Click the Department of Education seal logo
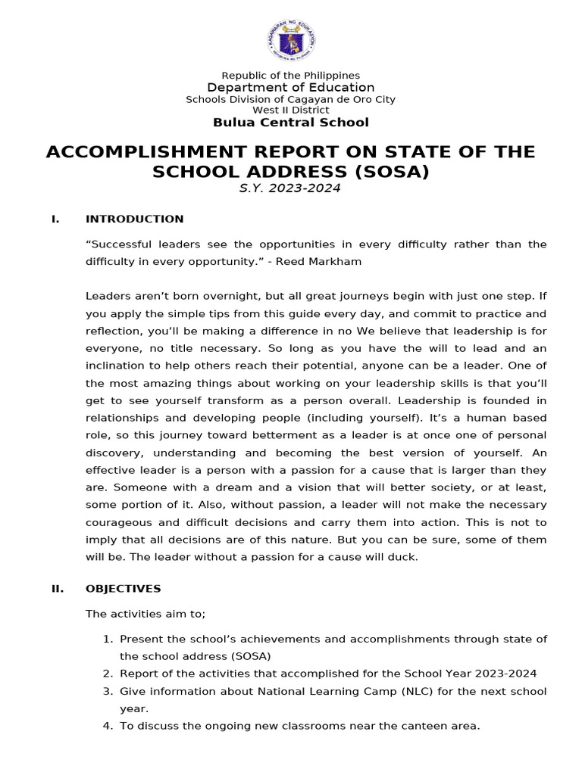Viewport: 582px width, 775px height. [290, 42]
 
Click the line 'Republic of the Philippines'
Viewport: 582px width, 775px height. [290, 76]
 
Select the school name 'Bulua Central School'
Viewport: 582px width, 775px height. [290, 123]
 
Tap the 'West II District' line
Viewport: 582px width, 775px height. [290, 110]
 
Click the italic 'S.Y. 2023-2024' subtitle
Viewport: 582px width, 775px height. [290, 188]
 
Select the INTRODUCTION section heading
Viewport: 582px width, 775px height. [134, 219]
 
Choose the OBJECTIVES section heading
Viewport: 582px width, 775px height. [123, 589]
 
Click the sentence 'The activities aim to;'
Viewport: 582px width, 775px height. [145, 614]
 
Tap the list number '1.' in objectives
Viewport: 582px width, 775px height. [108, 640]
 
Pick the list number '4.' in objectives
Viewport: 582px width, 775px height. [108, 726]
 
